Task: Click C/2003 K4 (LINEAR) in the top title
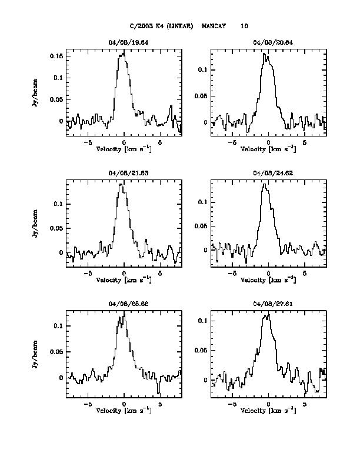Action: pyautogui.click(x=162, y=26)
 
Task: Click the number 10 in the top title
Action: pyautogui.click(x=244, y=26)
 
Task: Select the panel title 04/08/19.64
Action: pyautogui.click(x=124, y=42)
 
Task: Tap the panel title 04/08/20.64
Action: pyautogui.click(x=268, y=42)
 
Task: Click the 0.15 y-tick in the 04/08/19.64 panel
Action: pyautogui.click(x=56, y=56)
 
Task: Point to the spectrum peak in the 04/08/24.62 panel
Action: pyautogui.click(x=265, y=184)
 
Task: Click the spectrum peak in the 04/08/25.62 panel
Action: pyautogui.click(x=124, y=312)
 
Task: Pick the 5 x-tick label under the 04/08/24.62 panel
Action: pyautogui.click(x=305, y=274)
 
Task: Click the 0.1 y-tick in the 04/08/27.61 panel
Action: pyautogui.click(x=204, y=321)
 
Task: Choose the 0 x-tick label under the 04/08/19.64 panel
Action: pyautogui.click(x=124, y=143)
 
